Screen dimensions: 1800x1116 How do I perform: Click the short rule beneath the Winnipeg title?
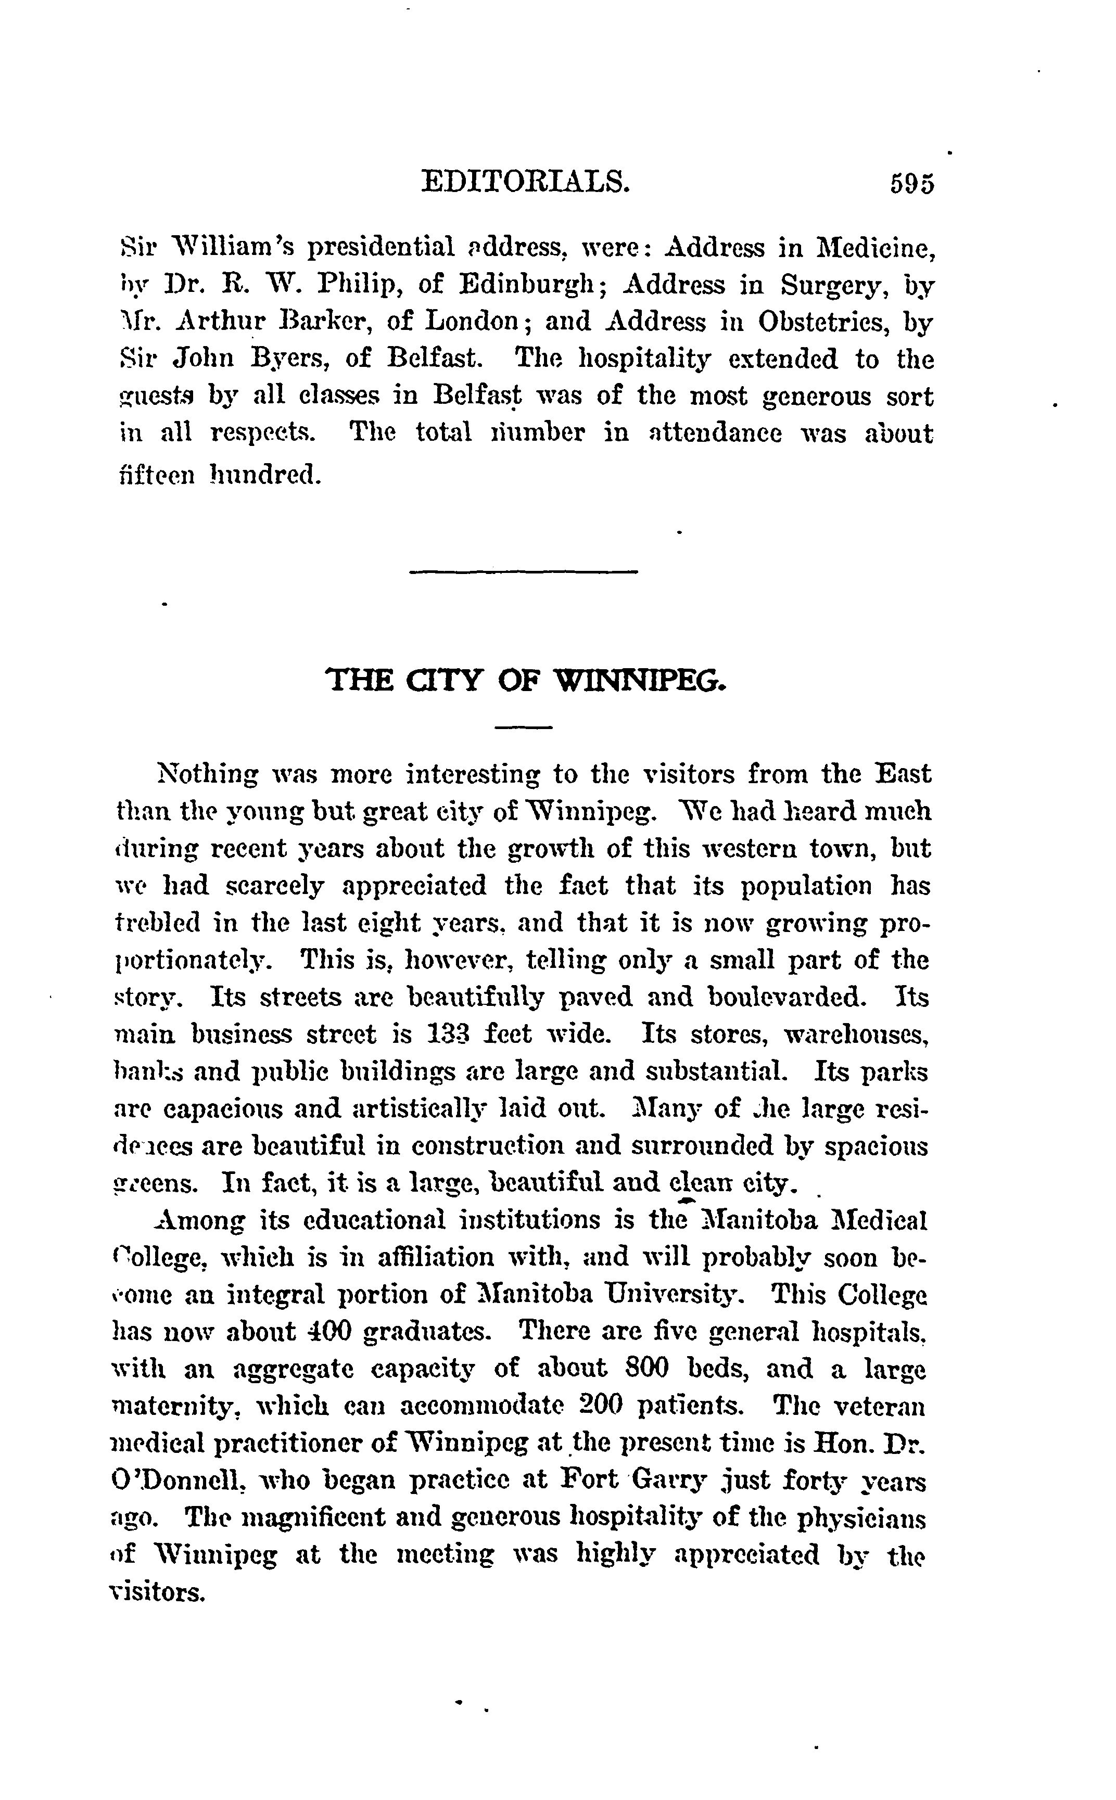[523, 728]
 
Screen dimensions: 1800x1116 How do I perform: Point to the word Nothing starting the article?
[207, 775]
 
